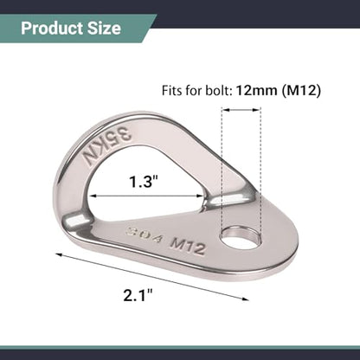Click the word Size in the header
click(104, 29)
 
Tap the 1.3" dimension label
click(143, 182)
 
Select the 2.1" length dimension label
click(138, 295)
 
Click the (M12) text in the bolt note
click(301, 91)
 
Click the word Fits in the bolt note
click(172, 91)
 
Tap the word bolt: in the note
click(219, 91)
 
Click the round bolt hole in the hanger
click(241, 237)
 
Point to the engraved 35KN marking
click(106, 147)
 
